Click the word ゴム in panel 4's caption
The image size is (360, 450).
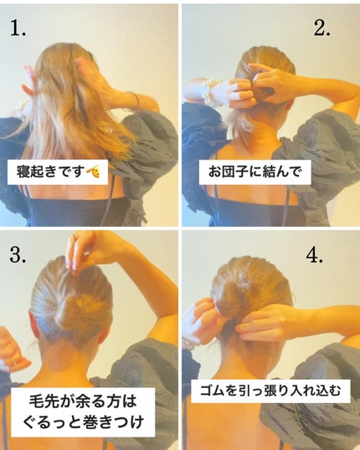pos(213,390)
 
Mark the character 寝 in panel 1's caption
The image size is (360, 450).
pos(25,172)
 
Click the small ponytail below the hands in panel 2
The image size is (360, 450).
pos(247,125)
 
